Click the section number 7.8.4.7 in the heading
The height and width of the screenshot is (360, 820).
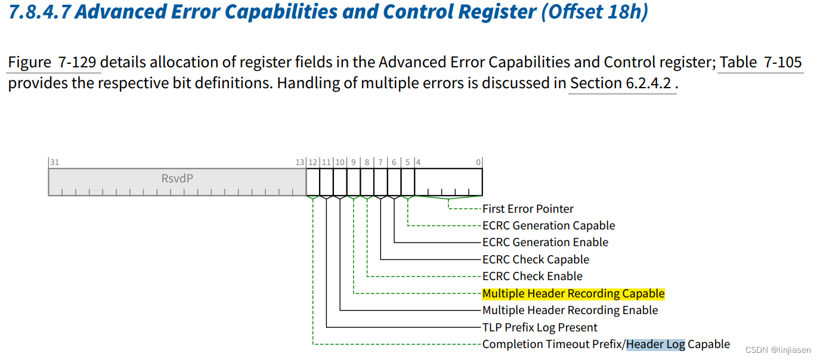[38, 12]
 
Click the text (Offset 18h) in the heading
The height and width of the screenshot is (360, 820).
[594, 12]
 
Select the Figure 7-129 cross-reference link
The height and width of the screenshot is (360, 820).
[53, 62]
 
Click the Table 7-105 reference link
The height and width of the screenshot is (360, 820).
[760, 62]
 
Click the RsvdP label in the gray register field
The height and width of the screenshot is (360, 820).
[177, 178]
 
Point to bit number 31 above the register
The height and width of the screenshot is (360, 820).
[54, 162]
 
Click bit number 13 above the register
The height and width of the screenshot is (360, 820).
[300, 162]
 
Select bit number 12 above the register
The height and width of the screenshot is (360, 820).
[313, 162]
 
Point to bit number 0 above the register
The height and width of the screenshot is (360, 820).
[478, 162]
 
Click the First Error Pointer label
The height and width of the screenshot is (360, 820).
[528, 209]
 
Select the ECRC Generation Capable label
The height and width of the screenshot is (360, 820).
[548, 225]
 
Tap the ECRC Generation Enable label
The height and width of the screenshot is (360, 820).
[545, 242]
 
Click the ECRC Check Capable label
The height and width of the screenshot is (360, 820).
[536, 259]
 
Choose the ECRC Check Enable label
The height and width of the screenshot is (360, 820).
[532, 276]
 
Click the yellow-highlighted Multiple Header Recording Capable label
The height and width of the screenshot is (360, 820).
[573, 293]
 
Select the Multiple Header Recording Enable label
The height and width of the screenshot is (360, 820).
[570, 310]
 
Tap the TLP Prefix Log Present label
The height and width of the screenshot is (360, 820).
[540, 327]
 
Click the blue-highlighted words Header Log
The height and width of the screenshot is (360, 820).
[655, 344]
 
